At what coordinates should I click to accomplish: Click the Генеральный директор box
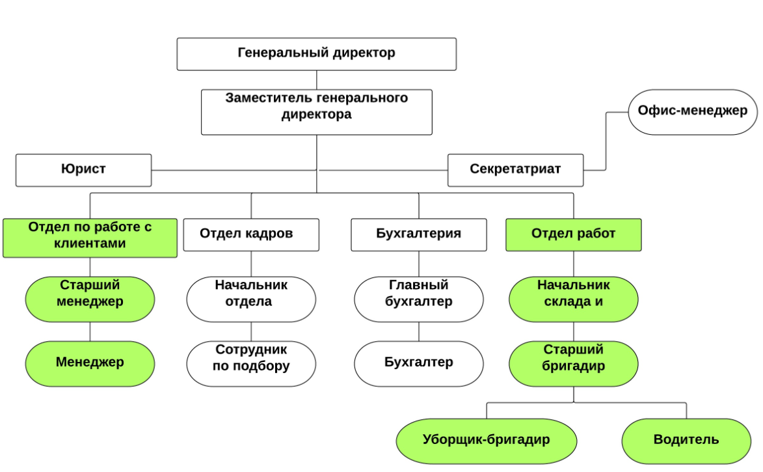pos(316,53)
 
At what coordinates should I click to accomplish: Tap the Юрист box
pos(83,170)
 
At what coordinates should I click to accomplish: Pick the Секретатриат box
pos(515,170)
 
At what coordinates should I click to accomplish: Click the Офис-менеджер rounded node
pos(692,112)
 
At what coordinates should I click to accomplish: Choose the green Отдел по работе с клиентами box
pos(90,238)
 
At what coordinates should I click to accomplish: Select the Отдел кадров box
pos(251,234)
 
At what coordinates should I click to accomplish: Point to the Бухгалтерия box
pos(418,234)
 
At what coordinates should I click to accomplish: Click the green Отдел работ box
pos(573,234)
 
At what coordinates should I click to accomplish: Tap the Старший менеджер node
pos(90,299)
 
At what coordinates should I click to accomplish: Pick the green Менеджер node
pos(90,363)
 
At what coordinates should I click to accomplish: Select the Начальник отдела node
pos(251,299)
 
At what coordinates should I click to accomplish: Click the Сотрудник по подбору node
pos(251,363)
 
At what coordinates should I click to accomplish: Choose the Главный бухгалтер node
pos(418,299)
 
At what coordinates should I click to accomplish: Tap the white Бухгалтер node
pos(418,363)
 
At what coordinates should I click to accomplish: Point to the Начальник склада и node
pos(573,299)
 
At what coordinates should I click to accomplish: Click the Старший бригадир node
pos(573,363)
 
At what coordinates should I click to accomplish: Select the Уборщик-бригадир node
pos(486,440)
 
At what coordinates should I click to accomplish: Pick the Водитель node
pos(686,440)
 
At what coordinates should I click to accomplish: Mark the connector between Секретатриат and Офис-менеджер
pos(606,140)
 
